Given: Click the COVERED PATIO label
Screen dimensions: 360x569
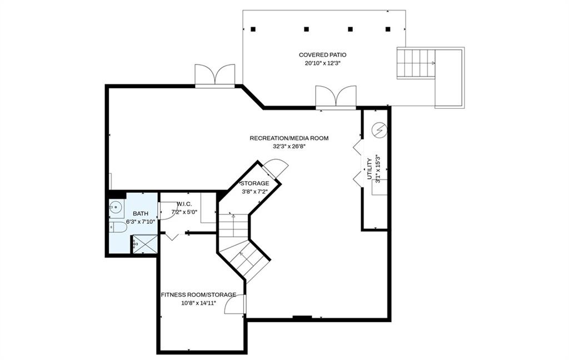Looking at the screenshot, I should (x=322, y=54).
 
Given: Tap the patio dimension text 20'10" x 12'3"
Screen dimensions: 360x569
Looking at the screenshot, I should (x=322, y=63).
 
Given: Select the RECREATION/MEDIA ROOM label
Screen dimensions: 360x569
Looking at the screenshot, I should (x=289, y=138).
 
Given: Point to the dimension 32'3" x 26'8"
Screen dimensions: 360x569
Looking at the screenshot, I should (x=289, y=147).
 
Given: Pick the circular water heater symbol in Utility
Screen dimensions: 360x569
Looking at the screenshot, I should (x=379, y=131).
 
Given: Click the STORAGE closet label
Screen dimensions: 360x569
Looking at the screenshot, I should (x=254, y=183).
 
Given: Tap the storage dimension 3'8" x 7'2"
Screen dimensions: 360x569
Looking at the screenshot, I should (x=254, y=192).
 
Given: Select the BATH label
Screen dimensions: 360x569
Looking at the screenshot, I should (x=140, y=213).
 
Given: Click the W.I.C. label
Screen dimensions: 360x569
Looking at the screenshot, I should (x=184, y=204).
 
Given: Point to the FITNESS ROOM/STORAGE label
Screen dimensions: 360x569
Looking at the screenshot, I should (x=198, y=294).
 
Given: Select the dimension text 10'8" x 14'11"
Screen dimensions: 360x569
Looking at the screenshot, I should (x=198, y=303).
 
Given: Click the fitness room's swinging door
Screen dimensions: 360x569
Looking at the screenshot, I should (x=235, y=305).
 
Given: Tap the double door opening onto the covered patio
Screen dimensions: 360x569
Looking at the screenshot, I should (x=336, y=96).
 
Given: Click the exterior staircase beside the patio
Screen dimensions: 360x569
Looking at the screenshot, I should (x=416, y=63).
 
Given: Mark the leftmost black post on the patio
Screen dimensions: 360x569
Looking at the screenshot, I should (x=253, y=29).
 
